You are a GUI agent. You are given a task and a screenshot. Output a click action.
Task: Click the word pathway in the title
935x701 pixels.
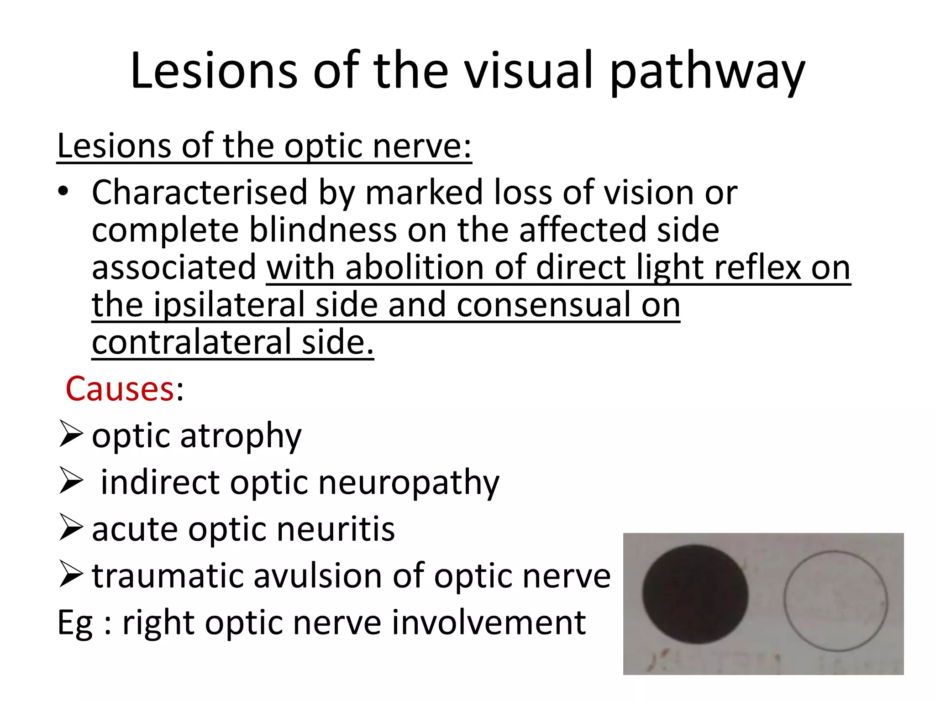(x=707, y=72)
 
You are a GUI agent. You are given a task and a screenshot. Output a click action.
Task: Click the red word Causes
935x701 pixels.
(x=120, y=389)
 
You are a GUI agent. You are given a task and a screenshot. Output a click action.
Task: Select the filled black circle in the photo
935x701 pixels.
(x=695, y=594)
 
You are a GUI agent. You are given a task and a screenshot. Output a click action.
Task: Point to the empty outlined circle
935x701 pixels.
(x=835, y=601)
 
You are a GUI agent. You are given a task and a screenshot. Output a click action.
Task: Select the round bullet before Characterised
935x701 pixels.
(x=63, y=192)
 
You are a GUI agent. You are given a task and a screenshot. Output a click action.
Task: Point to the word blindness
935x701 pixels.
(x=323, y=230)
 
